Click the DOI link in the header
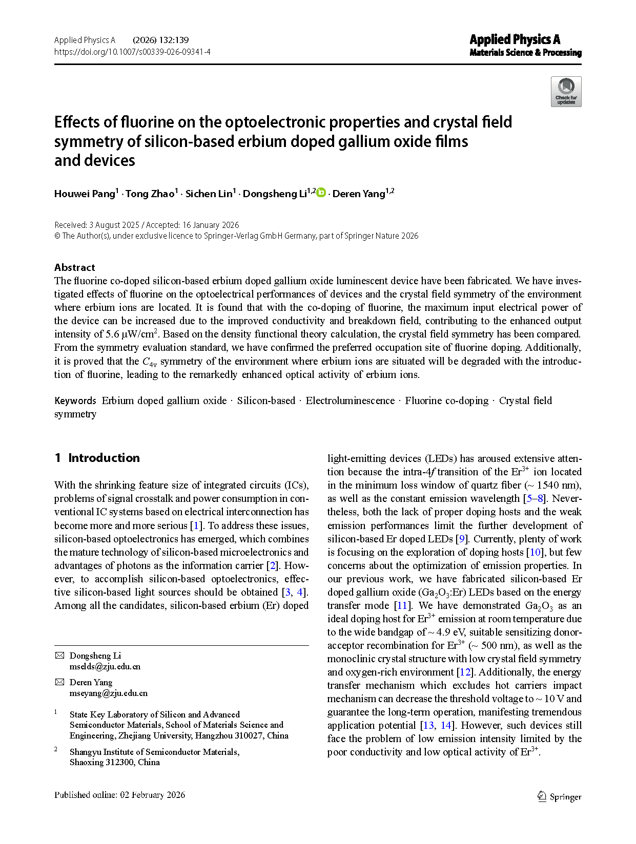(x=132, y=52)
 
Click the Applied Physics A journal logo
(x=525, y=45)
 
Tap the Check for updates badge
(x=566, y=92)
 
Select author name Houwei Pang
(x=85, y=194)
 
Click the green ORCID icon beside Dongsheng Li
(x=321, y=193)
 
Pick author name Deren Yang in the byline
(x=359, y=194)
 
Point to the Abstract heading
(x=75, y=267)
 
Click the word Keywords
(x=75, y=400)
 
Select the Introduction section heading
(x=104, y=458)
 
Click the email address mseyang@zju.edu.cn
(x=109, y=693)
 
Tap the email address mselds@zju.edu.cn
(x=105, y=666)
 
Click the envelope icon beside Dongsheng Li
(x=60, y=656)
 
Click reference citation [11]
(x=402, y=605)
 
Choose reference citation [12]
(x=465, y=672)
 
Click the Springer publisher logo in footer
(x=559, y=796)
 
